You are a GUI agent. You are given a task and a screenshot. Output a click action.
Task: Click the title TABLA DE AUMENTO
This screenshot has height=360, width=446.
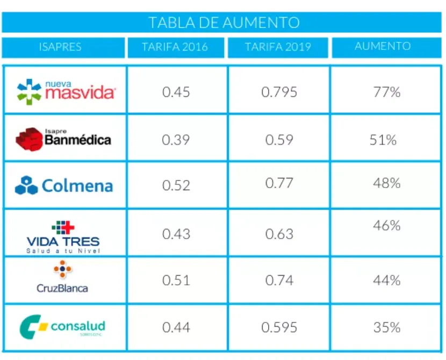[224, 23]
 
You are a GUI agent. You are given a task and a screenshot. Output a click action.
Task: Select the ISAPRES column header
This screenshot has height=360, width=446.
[60, 47]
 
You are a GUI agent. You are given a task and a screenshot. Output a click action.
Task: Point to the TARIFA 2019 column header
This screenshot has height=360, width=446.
[278, 47]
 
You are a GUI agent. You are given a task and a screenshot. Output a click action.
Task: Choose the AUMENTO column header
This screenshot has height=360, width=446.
[383, 46]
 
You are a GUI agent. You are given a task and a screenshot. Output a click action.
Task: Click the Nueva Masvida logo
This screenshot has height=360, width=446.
[66, 91]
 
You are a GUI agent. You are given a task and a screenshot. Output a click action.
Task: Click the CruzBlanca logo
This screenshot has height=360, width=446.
[62, 277]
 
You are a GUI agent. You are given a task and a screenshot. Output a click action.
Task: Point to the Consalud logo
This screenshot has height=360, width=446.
[63, 327]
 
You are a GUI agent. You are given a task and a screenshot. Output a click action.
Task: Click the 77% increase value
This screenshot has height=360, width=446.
[387, 92]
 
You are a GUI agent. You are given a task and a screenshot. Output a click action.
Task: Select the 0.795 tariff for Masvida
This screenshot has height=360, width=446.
[279, 92]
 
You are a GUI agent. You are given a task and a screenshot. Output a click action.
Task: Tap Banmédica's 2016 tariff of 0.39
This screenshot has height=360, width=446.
[176, 140]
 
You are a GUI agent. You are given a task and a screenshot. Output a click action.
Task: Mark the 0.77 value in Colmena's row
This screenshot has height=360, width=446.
[279, 183]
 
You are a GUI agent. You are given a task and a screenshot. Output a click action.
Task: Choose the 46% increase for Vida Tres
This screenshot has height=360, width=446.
[387, 226]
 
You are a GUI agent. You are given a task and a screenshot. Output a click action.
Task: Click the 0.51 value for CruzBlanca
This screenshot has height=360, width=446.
[176, 280]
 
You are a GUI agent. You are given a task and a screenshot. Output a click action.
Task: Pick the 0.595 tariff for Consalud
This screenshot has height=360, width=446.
[279, 327]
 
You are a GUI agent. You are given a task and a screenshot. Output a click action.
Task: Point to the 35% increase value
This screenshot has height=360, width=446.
[387, 327]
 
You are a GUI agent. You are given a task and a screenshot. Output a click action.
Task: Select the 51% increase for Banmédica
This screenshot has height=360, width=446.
[383, 140]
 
